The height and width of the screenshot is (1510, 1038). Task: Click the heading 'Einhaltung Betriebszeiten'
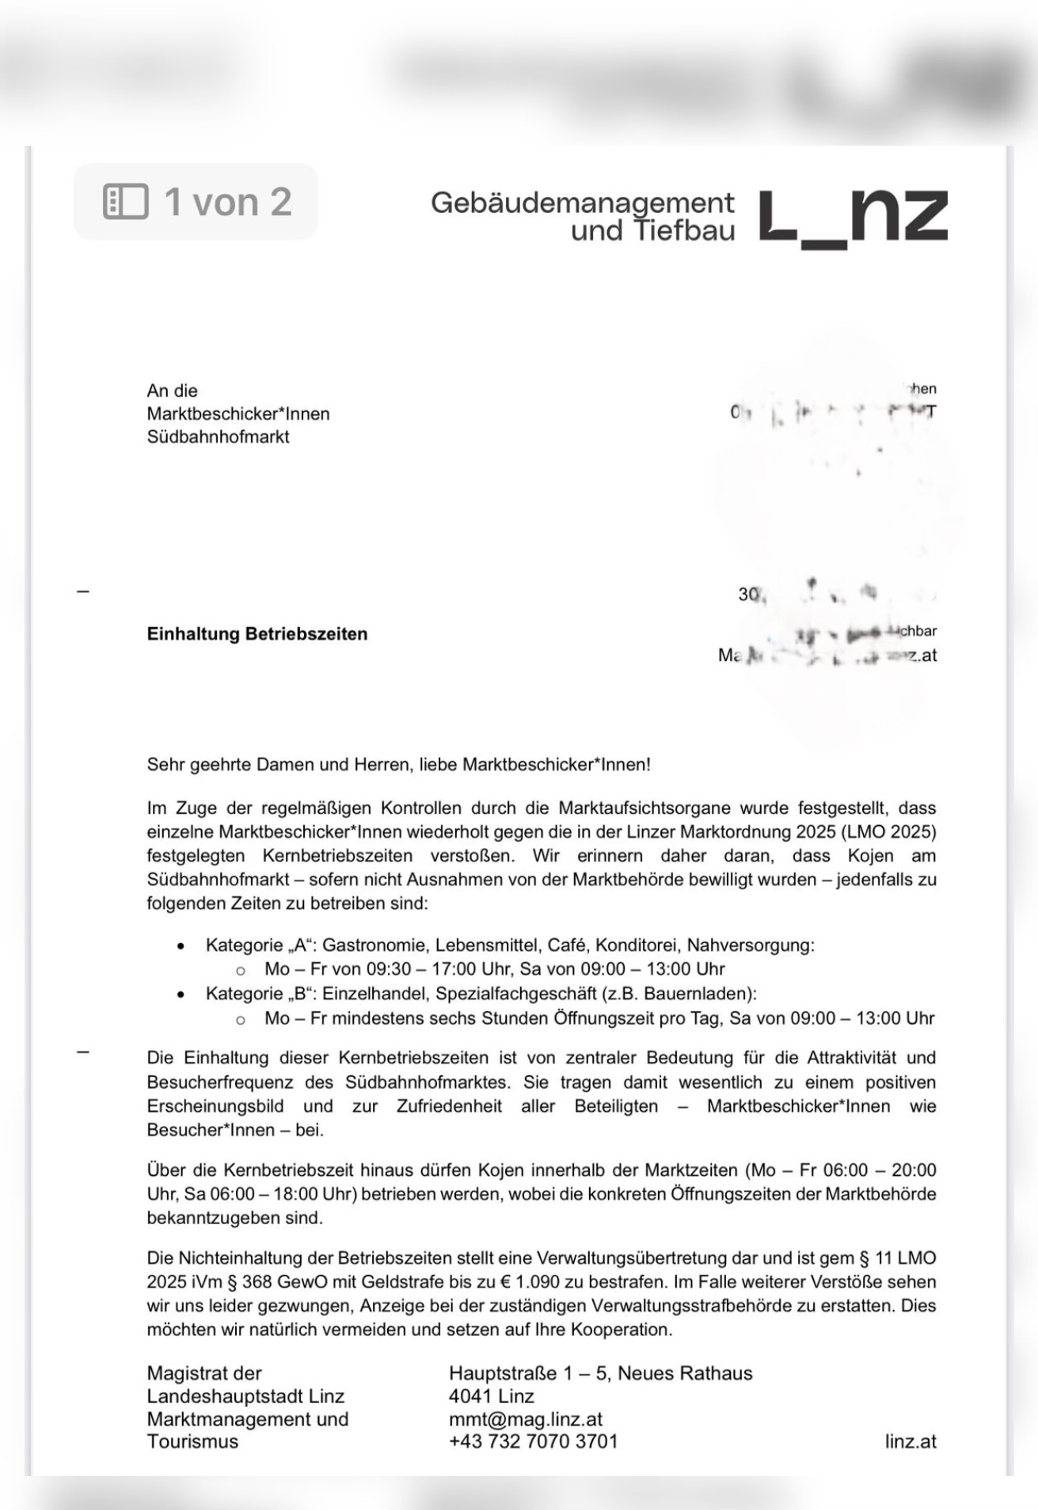tap(257, 634)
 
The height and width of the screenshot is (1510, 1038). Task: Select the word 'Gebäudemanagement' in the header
tap(582, 203)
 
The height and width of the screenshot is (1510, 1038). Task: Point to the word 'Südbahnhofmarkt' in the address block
tap(218, 437)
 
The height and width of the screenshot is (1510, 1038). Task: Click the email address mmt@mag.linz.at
tap(525, 1419)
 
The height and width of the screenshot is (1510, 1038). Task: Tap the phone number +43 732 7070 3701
tap(533, 1441)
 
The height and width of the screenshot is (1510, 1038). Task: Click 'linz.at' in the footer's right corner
tap(910, 1442)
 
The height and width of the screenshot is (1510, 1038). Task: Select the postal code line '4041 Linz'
tap(491, 1396)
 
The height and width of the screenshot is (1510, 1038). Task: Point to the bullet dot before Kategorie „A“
tap(181, 946)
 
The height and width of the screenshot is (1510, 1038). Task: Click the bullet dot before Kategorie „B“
tap(181, 995)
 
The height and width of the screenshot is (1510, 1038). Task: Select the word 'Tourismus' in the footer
tap(192, 1441)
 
